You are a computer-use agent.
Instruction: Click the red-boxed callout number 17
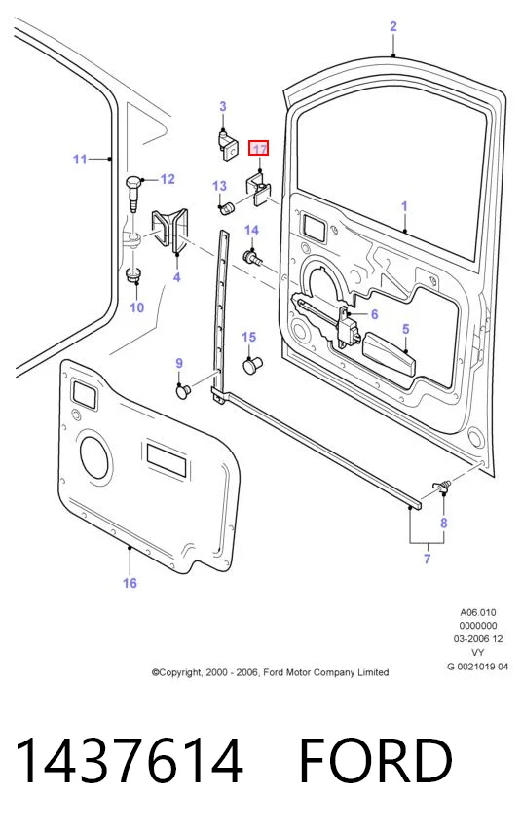pyautogui.click(x=259, y=149)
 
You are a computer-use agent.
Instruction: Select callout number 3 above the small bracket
pyautogui.click(x=223, y=106)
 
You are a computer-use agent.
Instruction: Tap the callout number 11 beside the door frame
pyautogui.click(x=80, y=159)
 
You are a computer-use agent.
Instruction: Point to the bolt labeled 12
pyautogui.click(x=132, y=195)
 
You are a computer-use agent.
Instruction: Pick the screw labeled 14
pyautogui.click(x=252, y=259)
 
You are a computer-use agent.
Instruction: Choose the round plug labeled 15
pyautogui.click(x=252, y=365)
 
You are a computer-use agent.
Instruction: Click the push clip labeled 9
pyautogui.click(x=183, y=391)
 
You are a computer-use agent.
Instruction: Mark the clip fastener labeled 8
pyautogui.click(x=442, y=484)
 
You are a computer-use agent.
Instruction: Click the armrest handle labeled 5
pyautogui.click(x=389, y=354)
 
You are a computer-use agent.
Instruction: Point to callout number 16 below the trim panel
pyautogui.click(x=130, y=583)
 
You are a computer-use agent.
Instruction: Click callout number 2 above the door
pyautogui.click(x=393, y=26)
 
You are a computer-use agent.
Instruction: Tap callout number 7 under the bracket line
pyautogui.click(x=427, y=559)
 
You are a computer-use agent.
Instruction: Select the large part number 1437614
pyautogui.click(x=129, y=760)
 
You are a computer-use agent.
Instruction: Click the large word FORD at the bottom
pyautogui.click(x=375, y=760)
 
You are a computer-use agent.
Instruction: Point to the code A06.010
pyautogui.click(x=478, y=612)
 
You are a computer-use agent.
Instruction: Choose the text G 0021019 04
pyautogui.click(x=477, y=667)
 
